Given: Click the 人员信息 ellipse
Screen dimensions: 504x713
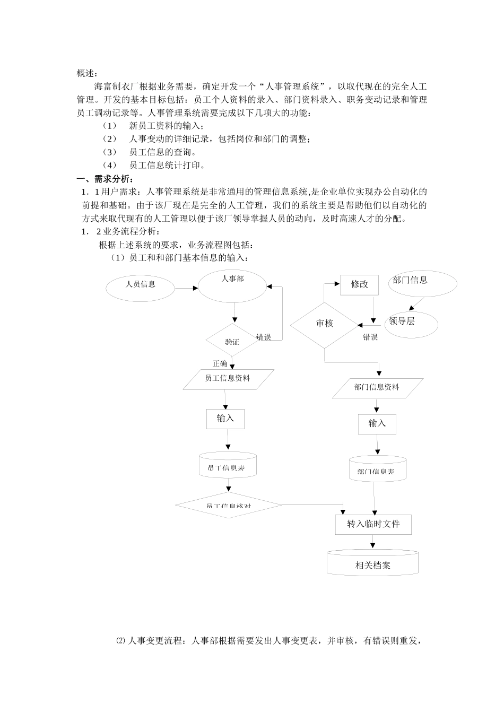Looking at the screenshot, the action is [141, 286].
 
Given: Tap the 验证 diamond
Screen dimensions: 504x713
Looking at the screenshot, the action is [232, 341].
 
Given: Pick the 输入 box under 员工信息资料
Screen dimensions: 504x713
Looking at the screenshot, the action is [225, 419].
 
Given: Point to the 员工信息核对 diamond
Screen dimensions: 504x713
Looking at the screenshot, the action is [228, 505].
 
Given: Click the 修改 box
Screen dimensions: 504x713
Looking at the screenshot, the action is [359, 284].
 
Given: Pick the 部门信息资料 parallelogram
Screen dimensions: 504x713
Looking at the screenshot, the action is [377, 388].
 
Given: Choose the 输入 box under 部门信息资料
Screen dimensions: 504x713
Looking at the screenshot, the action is [377, 423].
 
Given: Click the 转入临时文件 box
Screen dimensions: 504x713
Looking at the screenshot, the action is [373, 524].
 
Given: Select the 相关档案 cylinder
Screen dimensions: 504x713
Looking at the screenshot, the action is [372, 563].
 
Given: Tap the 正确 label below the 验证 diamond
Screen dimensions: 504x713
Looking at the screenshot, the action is [220, 364].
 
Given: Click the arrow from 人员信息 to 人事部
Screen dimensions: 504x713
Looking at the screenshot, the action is [186, 288].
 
